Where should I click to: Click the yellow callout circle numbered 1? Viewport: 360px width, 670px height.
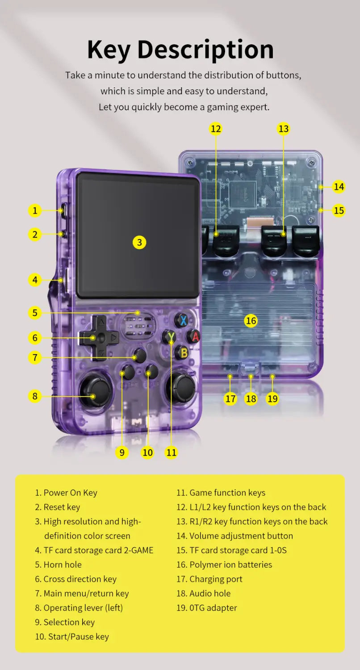(x=35, y=210)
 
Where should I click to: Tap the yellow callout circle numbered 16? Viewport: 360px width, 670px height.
(x=251, y=320)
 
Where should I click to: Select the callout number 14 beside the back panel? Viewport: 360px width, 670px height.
(x=339, y=186)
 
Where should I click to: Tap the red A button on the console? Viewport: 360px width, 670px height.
(x=193, y=336)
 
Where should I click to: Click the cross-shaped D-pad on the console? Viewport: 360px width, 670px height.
(x=100, y=338)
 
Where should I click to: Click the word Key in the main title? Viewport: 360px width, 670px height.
(x=109, y=50)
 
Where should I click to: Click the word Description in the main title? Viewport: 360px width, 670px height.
(x=205, y=50)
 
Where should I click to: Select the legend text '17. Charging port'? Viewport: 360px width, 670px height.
(x=209, y=579)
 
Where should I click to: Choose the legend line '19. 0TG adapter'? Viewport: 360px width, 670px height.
(x=207, y=607)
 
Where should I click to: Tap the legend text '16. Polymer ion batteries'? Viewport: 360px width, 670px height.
(x=224, y=565)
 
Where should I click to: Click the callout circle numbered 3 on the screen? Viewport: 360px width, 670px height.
(x=139, y=242)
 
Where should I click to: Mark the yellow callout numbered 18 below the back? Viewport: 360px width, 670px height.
(x=251, y=398)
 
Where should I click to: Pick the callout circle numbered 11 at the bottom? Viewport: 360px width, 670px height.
(x=172, y=452)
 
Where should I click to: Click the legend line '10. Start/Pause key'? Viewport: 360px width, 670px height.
(x=72, y=636)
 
